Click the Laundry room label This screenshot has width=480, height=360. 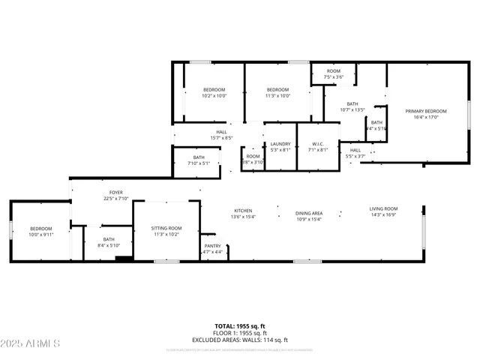tap(280, 146)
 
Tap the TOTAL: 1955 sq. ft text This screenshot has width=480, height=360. tap(240, 326)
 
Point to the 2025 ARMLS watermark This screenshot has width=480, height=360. tap(31, 343)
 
